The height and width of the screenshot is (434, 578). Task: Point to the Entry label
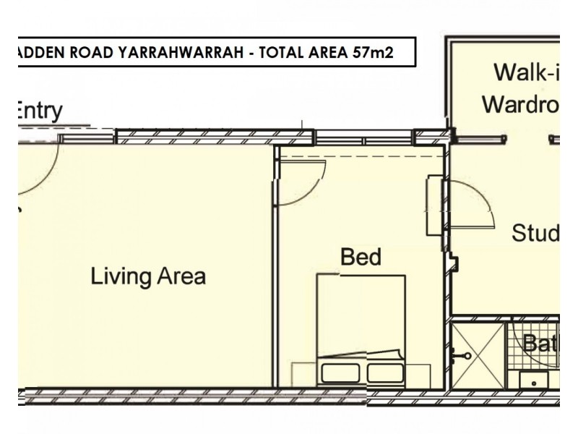(38, 111)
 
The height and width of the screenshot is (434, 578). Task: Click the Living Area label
(148, 276)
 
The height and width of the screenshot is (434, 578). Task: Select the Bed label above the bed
(361, 257)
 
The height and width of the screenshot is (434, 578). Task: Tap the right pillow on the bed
(384, 372)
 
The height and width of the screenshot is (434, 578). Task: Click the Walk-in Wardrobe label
(520, 88)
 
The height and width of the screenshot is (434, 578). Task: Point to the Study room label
(535, 234)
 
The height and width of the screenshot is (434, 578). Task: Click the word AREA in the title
(324, 54)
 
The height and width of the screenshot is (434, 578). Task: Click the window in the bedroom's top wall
(364, 137)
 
